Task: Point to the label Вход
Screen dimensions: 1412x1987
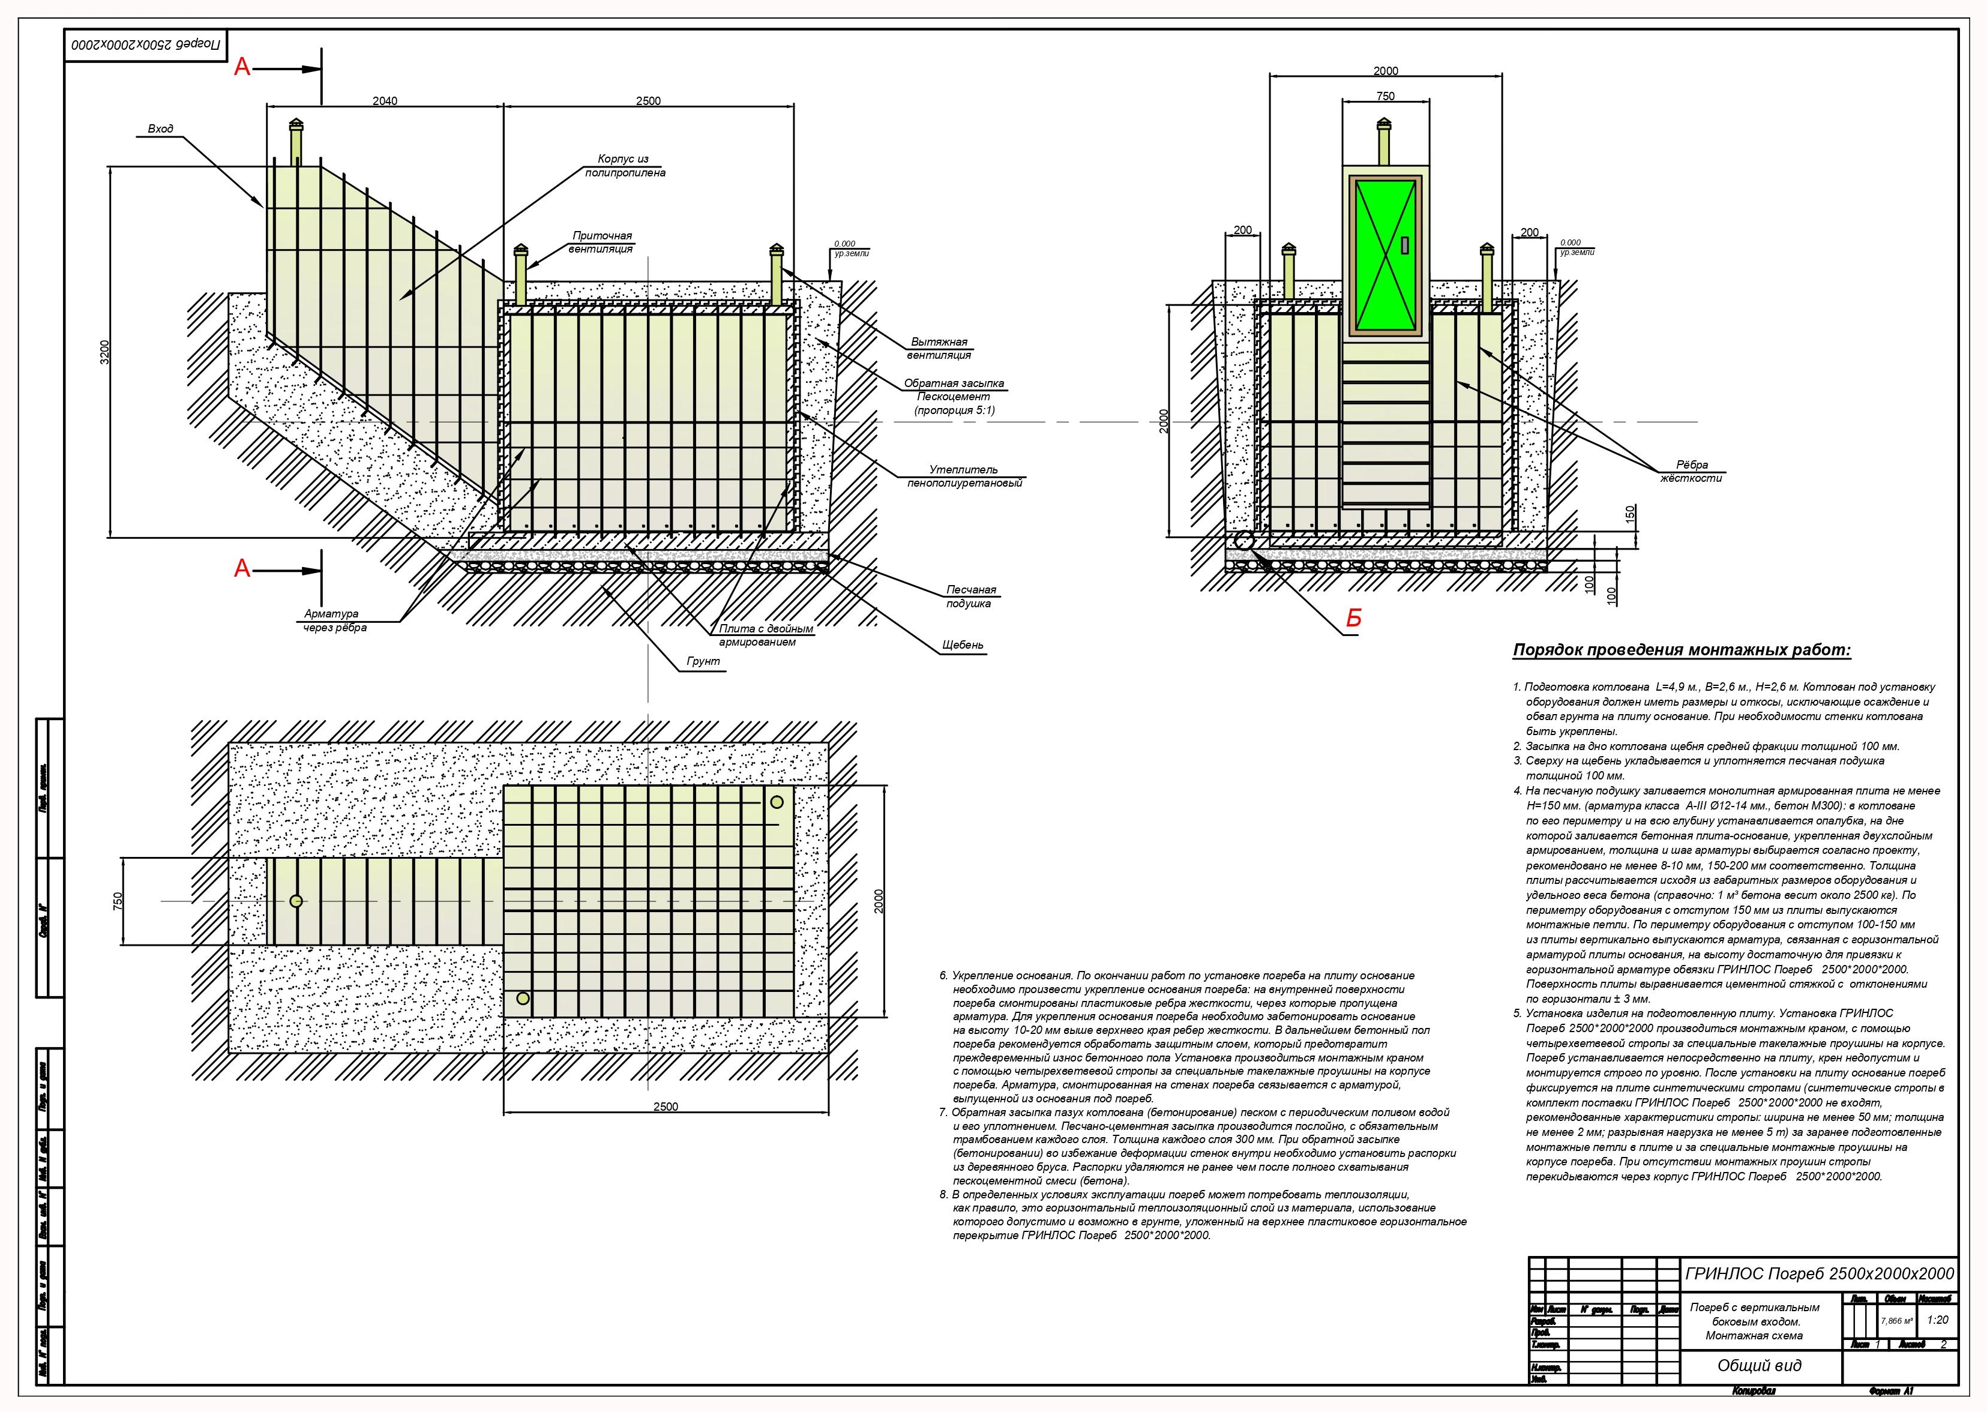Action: (160, 128)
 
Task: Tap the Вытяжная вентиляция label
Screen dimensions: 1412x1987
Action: (939, 349)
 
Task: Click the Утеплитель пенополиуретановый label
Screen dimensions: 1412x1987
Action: (964, 476)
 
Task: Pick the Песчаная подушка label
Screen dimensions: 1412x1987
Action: (970, 596)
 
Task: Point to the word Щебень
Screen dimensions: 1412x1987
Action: (962, 645)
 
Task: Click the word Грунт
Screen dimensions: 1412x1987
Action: (703, 662)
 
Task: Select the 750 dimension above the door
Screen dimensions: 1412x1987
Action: (1385, 97)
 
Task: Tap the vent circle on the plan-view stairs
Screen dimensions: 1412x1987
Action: (296, 901)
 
